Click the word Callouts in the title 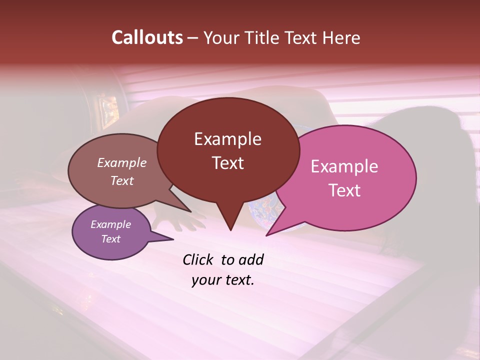pyautogui.click(x=147, y=37)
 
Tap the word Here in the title pyautogui.click(x=342, y=37)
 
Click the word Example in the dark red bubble pyautogui.click(x=227, y=139)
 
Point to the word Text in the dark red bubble pyautogui.click(x=227, y=163)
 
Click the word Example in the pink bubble pyautogui.click(x=344, y=166)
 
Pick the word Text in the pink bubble pyautogui.click(x=344, y=190)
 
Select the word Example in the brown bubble pyautogui.click(x=121, y=162)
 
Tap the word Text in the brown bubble pyautogui.click(x=121, y=180)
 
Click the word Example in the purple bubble pyautogui.click(x=110, y=224)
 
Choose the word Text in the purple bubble pyautogui.click(x=110, y=239)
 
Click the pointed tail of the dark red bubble pyautogui.click(x=230, y=225)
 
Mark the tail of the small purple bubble pyautogui.click(x=167, y=239)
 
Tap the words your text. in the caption pyautogui.click(x=223, y=280)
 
